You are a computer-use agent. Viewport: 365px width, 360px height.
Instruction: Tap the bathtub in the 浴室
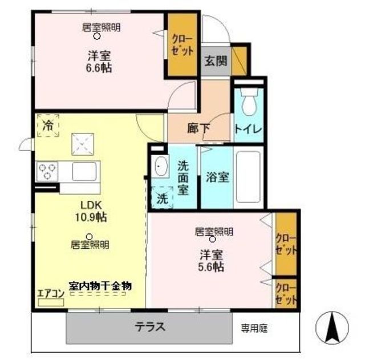coord(248,177)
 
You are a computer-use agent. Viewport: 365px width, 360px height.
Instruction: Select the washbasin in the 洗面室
coord(160,166)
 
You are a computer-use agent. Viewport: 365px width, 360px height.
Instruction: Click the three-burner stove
coord(47,172)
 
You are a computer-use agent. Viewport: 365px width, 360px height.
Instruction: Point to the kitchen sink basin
coord(84,171)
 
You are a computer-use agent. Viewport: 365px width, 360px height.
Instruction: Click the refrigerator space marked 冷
coord(48,126)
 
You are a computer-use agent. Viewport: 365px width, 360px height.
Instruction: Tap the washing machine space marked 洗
coord(162,198)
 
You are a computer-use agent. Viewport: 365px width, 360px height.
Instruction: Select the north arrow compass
coord(332,328)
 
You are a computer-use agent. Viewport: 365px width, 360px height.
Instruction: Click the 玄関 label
coord(216,61)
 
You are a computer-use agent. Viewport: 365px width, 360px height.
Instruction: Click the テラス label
coord(151,326)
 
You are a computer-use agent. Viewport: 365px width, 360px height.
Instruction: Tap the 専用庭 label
coord(254,328)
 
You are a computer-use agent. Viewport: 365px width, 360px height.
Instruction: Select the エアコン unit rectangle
coord(51,302)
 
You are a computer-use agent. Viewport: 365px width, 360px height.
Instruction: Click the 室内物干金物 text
coord(100,286)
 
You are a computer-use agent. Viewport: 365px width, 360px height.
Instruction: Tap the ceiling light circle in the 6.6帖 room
coord(96,37)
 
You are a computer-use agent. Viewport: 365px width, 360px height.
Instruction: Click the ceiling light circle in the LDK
coord(89,237)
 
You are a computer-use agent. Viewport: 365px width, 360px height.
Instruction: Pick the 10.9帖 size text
coord(91,217)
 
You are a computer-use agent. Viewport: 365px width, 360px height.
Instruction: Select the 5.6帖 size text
coord(211,267)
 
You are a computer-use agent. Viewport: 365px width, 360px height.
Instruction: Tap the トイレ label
coord(248,130)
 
